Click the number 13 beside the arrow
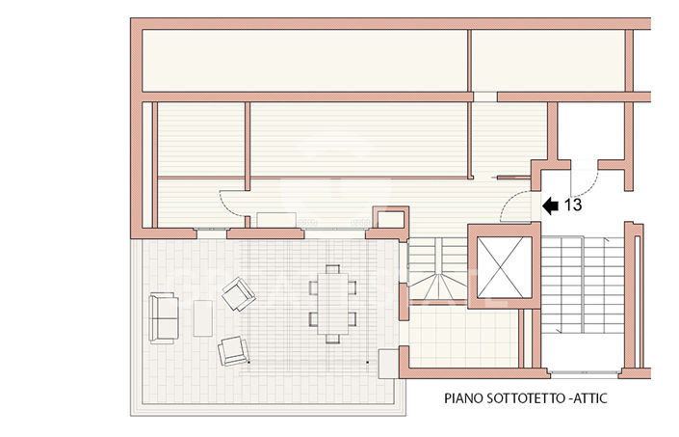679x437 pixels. pyautogui.click(x=572, y=205)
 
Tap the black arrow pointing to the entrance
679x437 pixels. pyautogui.click(x=550, y=205)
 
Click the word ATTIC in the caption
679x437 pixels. pyautogui.click(x=597, y=397)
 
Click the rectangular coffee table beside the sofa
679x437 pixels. pyautogui.click(x=202, y=318)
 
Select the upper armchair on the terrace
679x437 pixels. pyautogui.click(x=237, y=293)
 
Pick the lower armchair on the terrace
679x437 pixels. pyautogui.click(x=233, y=350)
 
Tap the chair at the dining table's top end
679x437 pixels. pyautogui.click(x=332, y=270)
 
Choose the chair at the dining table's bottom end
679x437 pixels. pyautogui.click(x=332, y=338)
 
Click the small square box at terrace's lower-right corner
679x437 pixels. pyautogui.click(x=389, y=362)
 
